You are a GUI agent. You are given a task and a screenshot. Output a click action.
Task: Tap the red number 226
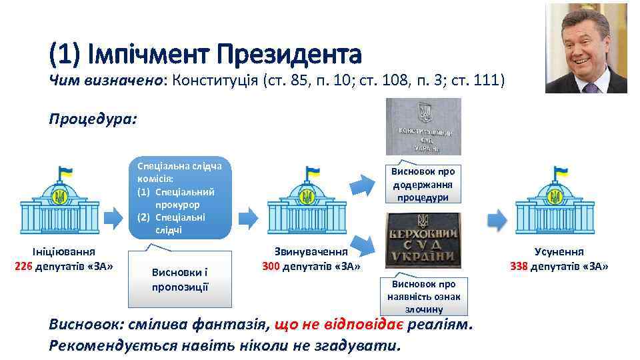click(25, 267)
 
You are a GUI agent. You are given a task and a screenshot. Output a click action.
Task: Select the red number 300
click(271, 267)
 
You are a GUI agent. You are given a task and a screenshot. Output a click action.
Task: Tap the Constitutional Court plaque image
click(423, 127)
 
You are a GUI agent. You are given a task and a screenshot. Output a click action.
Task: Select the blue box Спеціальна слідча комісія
click(180, 198)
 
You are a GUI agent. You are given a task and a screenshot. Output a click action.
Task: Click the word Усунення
click(559, 252)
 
